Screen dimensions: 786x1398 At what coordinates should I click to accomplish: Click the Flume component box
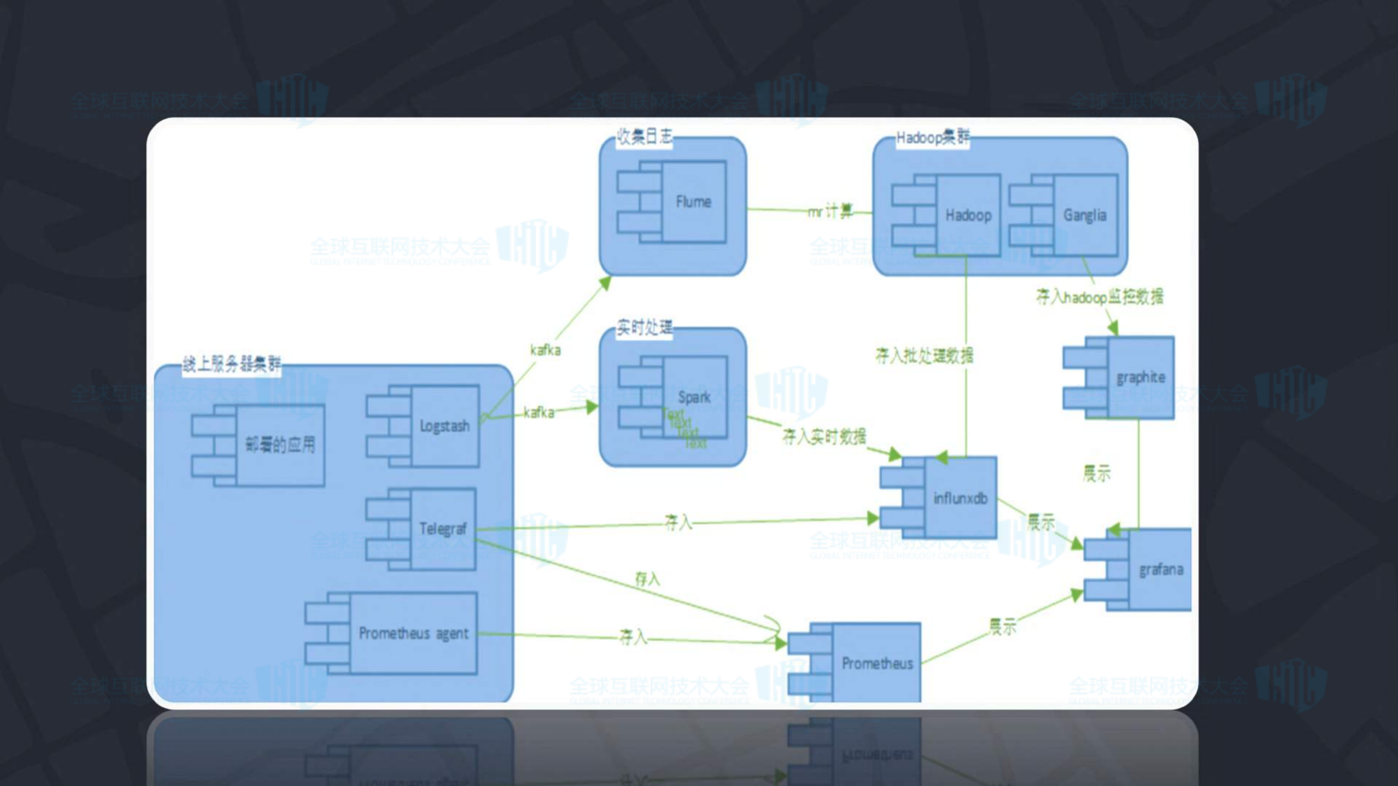693,202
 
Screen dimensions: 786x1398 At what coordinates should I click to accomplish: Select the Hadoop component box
968,215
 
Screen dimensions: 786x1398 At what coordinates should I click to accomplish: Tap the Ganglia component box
1085,215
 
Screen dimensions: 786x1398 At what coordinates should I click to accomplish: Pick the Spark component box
694,397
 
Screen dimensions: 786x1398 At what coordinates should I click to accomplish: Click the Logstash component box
444,426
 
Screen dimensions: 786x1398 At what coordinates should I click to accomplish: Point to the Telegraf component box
443,529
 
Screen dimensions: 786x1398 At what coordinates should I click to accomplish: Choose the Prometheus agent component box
413,634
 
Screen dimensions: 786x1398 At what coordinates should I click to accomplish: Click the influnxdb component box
960,498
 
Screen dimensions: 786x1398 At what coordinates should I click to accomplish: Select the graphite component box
1140,377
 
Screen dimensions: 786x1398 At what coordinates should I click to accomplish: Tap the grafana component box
1160,570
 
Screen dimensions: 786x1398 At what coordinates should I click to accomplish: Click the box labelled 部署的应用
280,445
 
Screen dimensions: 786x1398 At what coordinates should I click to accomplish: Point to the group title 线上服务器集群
232,364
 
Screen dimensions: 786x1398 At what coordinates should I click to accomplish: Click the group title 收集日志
645,136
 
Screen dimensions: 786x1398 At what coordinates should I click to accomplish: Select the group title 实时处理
645,328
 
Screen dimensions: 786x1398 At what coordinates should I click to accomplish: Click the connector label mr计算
830,211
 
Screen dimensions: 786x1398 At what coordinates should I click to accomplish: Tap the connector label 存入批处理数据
924,356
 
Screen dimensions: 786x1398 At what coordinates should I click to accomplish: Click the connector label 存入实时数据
824,436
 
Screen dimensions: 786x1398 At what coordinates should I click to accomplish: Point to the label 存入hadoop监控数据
1100,297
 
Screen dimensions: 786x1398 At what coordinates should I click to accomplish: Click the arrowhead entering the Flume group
605,282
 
